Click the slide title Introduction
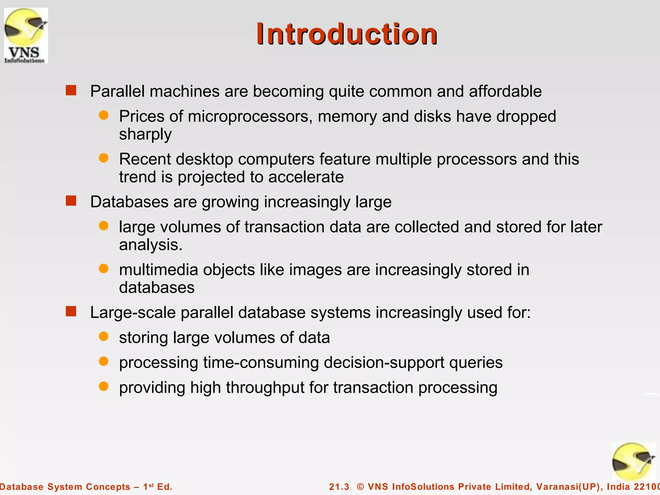click(x=347, y=34)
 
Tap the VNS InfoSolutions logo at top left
click(x=26, y=35)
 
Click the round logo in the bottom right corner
click(x=633, y=462)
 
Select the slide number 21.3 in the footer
click(x=339, y=487)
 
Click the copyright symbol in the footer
click(x=360, y=487)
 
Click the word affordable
click(x=505, y=91)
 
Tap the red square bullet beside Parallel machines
click(x=71, y=91)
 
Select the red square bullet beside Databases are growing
click(x=71, y=201)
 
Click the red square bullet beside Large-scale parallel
click(x=71, y=312)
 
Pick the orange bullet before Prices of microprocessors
click(x=103, y=115)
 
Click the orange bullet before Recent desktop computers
click(x=103, y=158)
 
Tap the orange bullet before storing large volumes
click(x=103, y=336)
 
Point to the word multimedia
click(x=158, y=270)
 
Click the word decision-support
click(x=384, y=363)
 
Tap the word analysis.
click(x=150, y=245)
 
